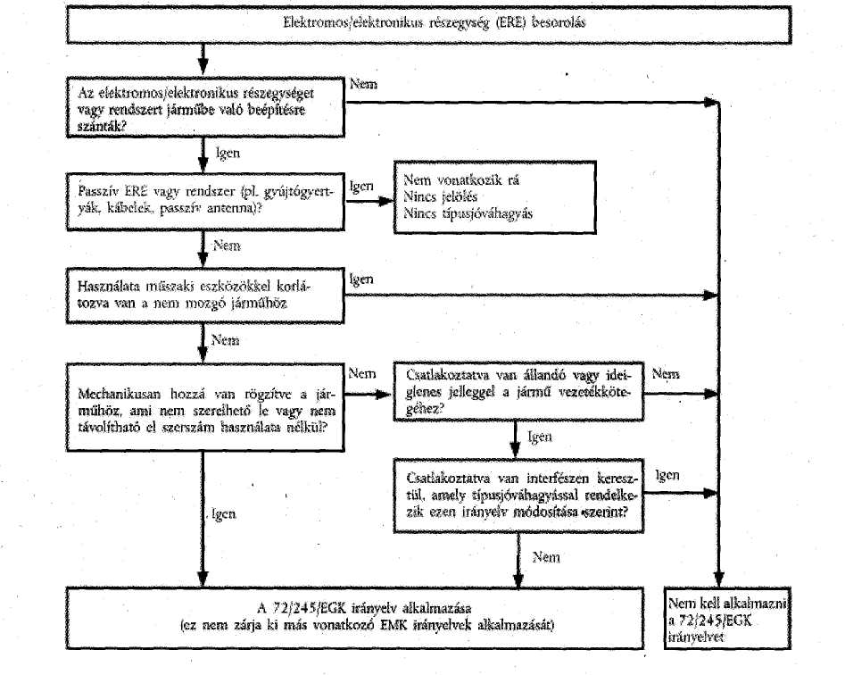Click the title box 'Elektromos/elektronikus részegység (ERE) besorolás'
tap(429, 24)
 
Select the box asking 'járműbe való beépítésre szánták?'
tap(205, 107)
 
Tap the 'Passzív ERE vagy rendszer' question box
tap(205, 202)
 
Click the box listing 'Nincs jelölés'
tap(494, 196)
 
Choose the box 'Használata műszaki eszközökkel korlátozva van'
tap(205, 296)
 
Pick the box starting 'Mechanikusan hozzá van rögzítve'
tap(205, 407)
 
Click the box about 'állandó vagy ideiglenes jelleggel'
tap(518, 391)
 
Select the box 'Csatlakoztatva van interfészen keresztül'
tap(518, 496)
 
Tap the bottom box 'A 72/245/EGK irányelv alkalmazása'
tap(355, 618)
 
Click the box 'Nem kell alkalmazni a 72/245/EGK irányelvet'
tap(727, 618)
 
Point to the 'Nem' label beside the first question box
tap(363, 84)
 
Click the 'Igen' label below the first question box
tap(228, 154)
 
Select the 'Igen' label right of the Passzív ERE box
tap(361, 187)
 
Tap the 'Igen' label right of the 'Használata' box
tap(361, 279)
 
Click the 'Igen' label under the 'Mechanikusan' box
tap(224, 513)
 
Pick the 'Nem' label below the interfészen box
tap(546, 557)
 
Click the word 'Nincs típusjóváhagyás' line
tap(468, 213)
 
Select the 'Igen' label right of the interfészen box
tap(667, 475)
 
